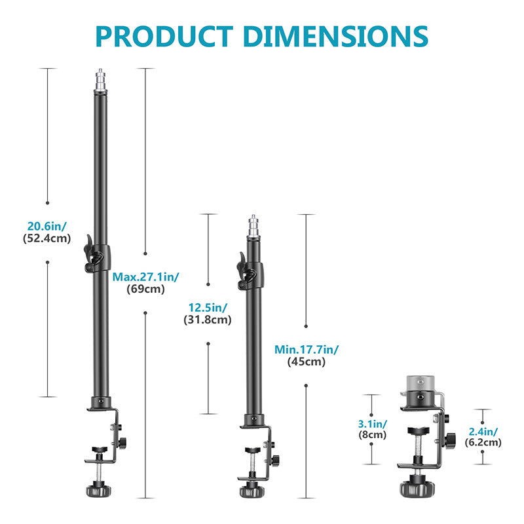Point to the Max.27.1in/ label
pyautogui.click(x=145, y=277)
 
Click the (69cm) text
pyautogui.click(x=145, y=289)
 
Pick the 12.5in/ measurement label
pyautogui.click(x=208, y=307)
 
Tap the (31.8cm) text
pyautogui.click(x=208, y=320)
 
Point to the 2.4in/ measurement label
pyautogui.click(x=483, y=430)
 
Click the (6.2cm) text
pyautogui.click(x=483, y=442)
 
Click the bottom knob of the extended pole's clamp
pyautogui.click(x=96, y=489)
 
